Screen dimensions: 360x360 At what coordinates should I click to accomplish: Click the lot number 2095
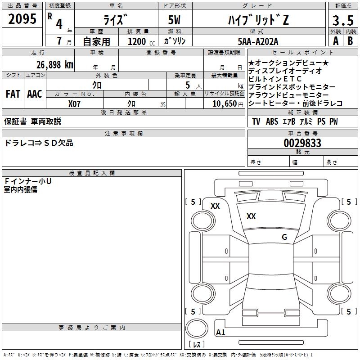[x=22, y=19]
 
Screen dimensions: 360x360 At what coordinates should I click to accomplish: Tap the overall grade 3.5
[x=343, y=21]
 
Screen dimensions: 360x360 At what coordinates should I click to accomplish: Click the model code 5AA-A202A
[x=258, y=41]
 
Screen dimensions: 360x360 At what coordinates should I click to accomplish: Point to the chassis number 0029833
[x=302, y=143]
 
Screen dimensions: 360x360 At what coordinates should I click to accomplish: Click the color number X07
[x=75, y=104]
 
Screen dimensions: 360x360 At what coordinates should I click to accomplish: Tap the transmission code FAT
[x=13, y=94]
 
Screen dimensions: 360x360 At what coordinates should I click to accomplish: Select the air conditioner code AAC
[x=35, y=94]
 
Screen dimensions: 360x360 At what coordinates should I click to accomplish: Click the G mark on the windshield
[x=284, y=237]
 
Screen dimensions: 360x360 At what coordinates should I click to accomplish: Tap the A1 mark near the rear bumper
[x=220, y=333]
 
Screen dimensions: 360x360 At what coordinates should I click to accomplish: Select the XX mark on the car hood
[x=251, y=216]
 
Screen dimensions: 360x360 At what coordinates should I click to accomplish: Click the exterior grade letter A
[x=335, y=41]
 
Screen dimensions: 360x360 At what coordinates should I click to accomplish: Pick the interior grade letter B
[x=350, y=41]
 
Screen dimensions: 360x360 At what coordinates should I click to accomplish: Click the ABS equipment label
[x=272, y=121]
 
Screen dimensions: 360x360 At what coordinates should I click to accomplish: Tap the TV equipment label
[x=256, y=121]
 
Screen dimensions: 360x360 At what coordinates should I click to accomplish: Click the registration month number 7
[x=59, y=41]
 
